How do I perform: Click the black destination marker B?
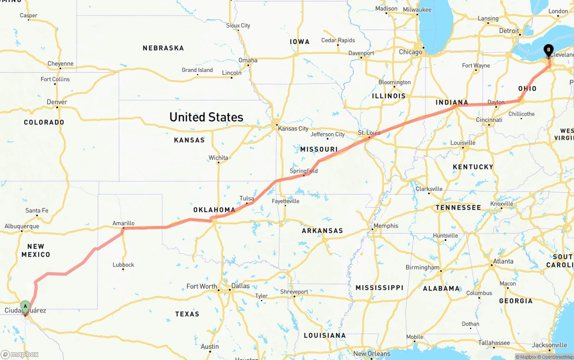[x=548, y=50]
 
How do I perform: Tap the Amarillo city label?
[x=123, y=223]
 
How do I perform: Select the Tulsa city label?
[x=247, y=198]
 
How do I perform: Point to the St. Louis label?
[x=369, y=133]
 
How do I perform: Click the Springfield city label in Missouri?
[x=304, y=171]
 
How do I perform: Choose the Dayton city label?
[x=496, y=102]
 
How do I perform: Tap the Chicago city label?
[x=410, y=52]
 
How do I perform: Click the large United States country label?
[x=206, y=117]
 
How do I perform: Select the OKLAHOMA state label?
[x=214, y=210]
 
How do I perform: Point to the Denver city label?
[x=57, y=102]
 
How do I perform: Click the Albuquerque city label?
[x=22, y=226]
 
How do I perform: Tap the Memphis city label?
[x=386, y=226]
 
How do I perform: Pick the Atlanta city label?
[x=503, y=261]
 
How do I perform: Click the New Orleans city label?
[x=372, y=354]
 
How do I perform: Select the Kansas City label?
[x=293, y=129]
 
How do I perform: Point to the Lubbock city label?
[x=123, y=265]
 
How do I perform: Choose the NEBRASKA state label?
[x=163, y=48]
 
